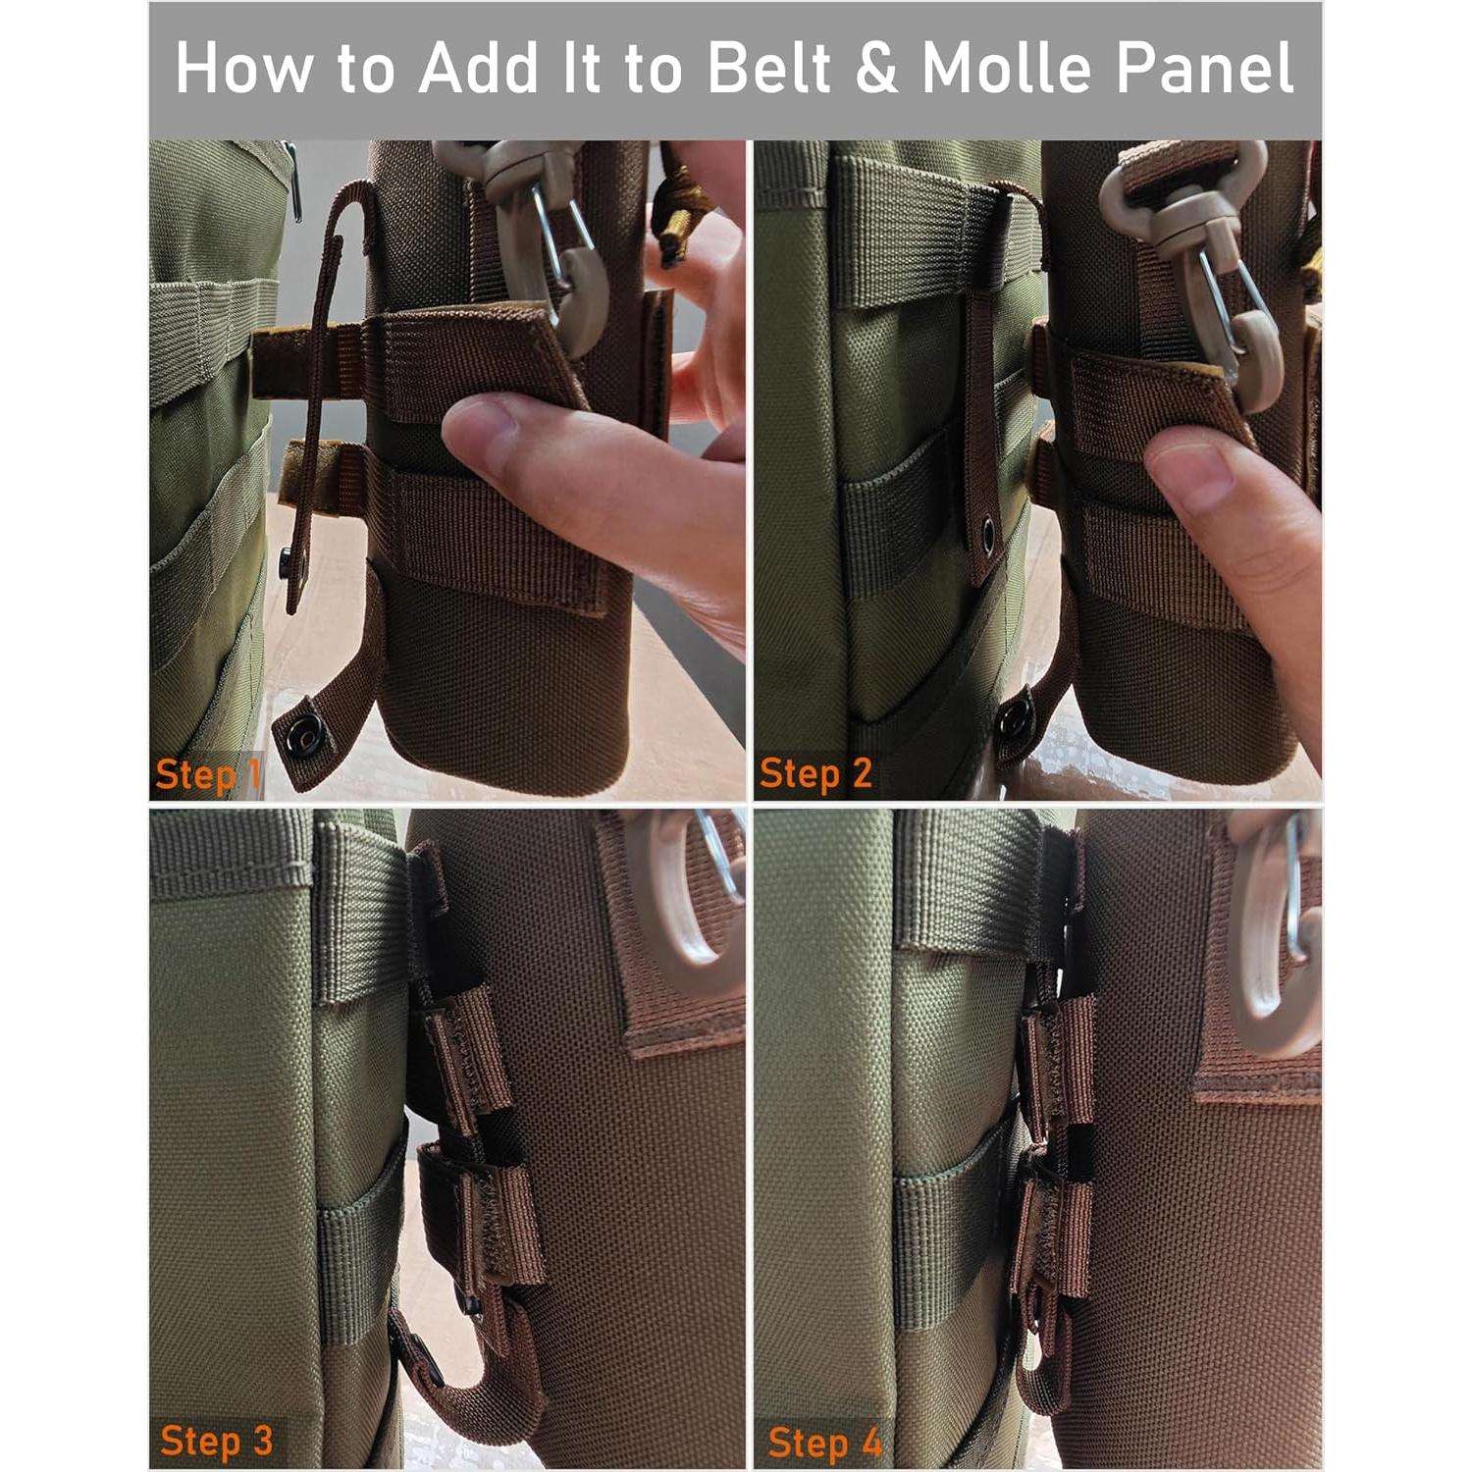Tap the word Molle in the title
(1007, 68)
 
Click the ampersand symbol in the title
(876, 69)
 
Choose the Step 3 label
(216, 1442)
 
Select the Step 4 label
(824, 1444)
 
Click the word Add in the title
(478, 68)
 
